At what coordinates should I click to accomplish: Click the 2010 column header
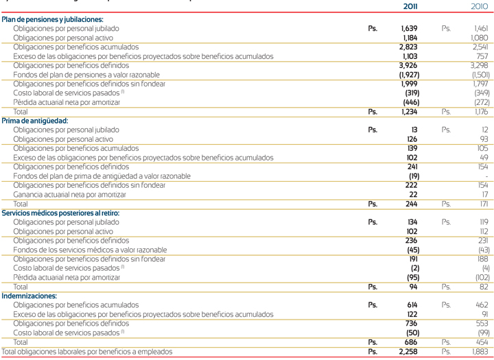pos(479,6)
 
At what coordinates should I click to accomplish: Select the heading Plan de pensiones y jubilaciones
pos(53,21)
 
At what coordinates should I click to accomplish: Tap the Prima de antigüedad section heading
pos(35,121)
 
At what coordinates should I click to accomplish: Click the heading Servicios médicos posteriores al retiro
pos(60,213)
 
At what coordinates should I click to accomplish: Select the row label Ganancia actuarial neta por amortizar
pos(77,195)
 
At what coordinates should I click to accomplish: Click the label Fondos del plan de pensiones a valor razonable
pos(86,74)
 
